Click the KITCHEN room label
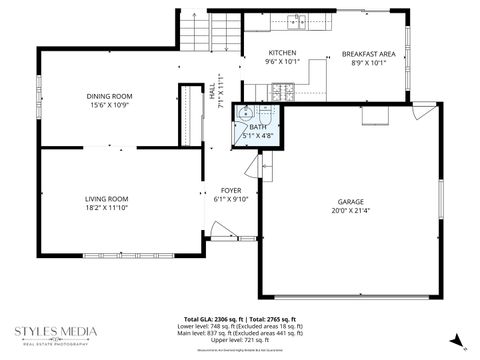coord(283,51)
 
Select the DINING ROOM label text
coord(109,96)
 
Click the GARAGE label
coord(349,201)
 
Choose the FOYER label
coord(232,189)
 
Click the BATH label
coord(258,127)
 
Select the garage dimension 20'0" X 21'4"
coord(349,211)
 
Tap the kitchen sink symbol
coord(298,20)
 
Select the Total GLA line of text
coord(244,317)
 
